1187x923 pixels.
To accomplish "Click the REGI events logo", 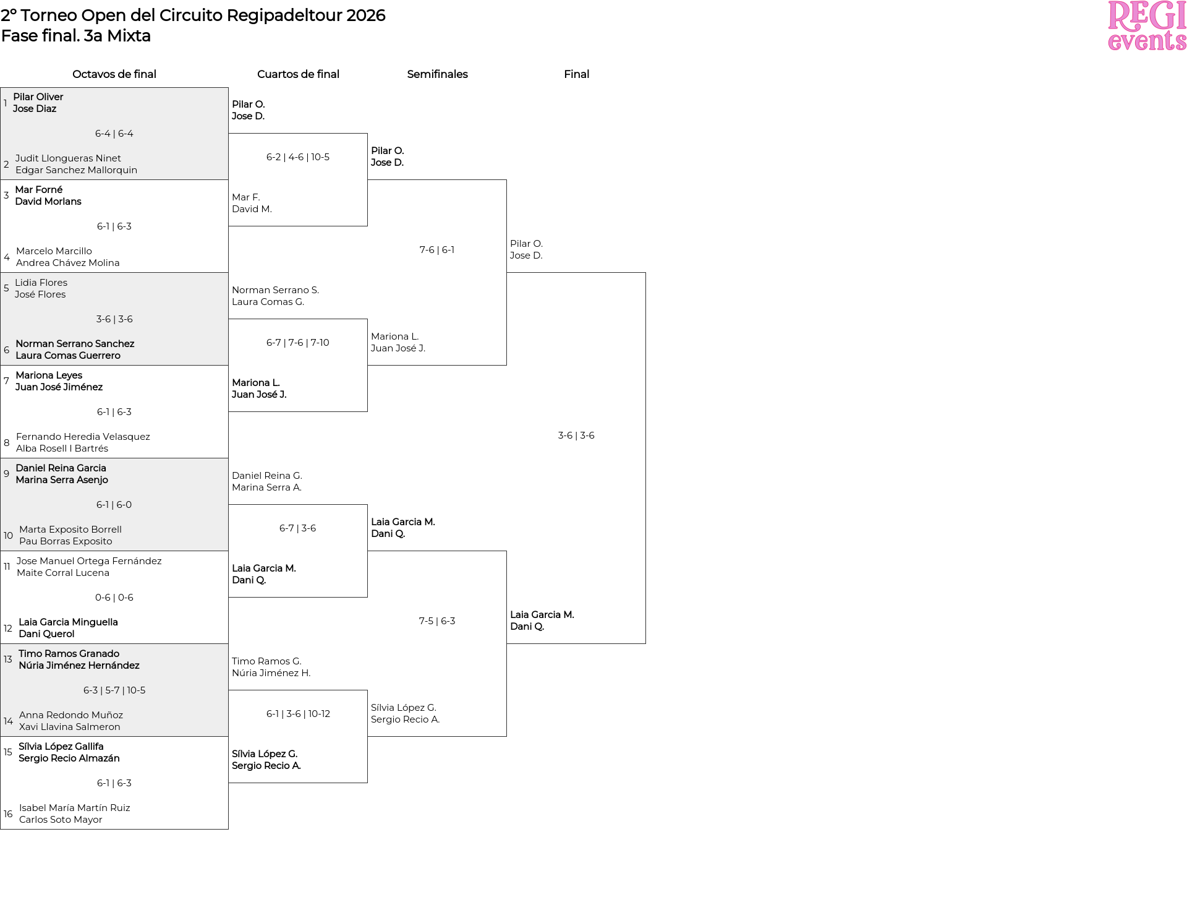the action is point(1147,25).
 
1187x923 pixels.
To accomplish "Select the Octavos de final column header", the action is point(114,74).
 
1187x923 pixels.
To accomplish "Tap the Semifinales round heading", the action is point(437,74).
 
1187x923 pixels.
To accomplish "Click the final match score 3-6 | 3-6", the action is point(576,436).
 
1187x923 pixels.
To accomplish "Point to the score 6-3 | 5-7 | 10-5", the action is point(114,690).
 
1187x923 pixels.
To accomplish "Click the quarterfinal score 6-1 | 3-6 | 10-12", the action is point(298,714).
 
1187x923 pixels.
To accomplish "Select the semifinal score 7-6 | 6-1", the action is point(437,250).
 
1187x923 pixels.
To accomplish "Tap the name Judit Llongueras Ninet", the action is point(68,158).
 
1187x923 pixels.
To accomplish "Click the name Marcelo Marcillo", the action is point(54,251).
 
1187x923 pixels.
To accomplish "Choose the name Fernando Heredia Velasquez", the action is point(83,437).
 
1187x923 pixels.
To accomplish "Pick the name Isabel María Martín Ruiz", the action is point(75,808).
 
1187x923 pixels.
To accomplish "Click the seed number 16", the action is point(8,814).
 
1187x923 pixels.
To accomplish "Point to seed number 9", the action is point(6,474).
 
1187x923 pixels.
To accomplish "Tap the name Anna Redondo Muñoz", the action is point(71,715).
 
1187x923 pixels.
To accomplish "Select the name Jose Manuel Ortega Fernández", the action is point(89,561).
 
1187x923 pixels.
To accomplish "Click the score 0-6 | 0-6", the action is point(114,598).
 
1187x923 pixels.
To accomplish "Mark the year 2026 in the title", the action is point(365,15).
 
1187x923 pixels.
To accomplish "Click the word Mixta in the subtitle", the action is point(129,36).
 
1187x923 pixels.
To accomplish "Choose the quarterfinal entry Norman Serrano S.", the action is point(275,290).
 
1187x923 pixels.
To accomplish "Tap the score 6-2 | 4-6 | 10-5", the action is point(298,157).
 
